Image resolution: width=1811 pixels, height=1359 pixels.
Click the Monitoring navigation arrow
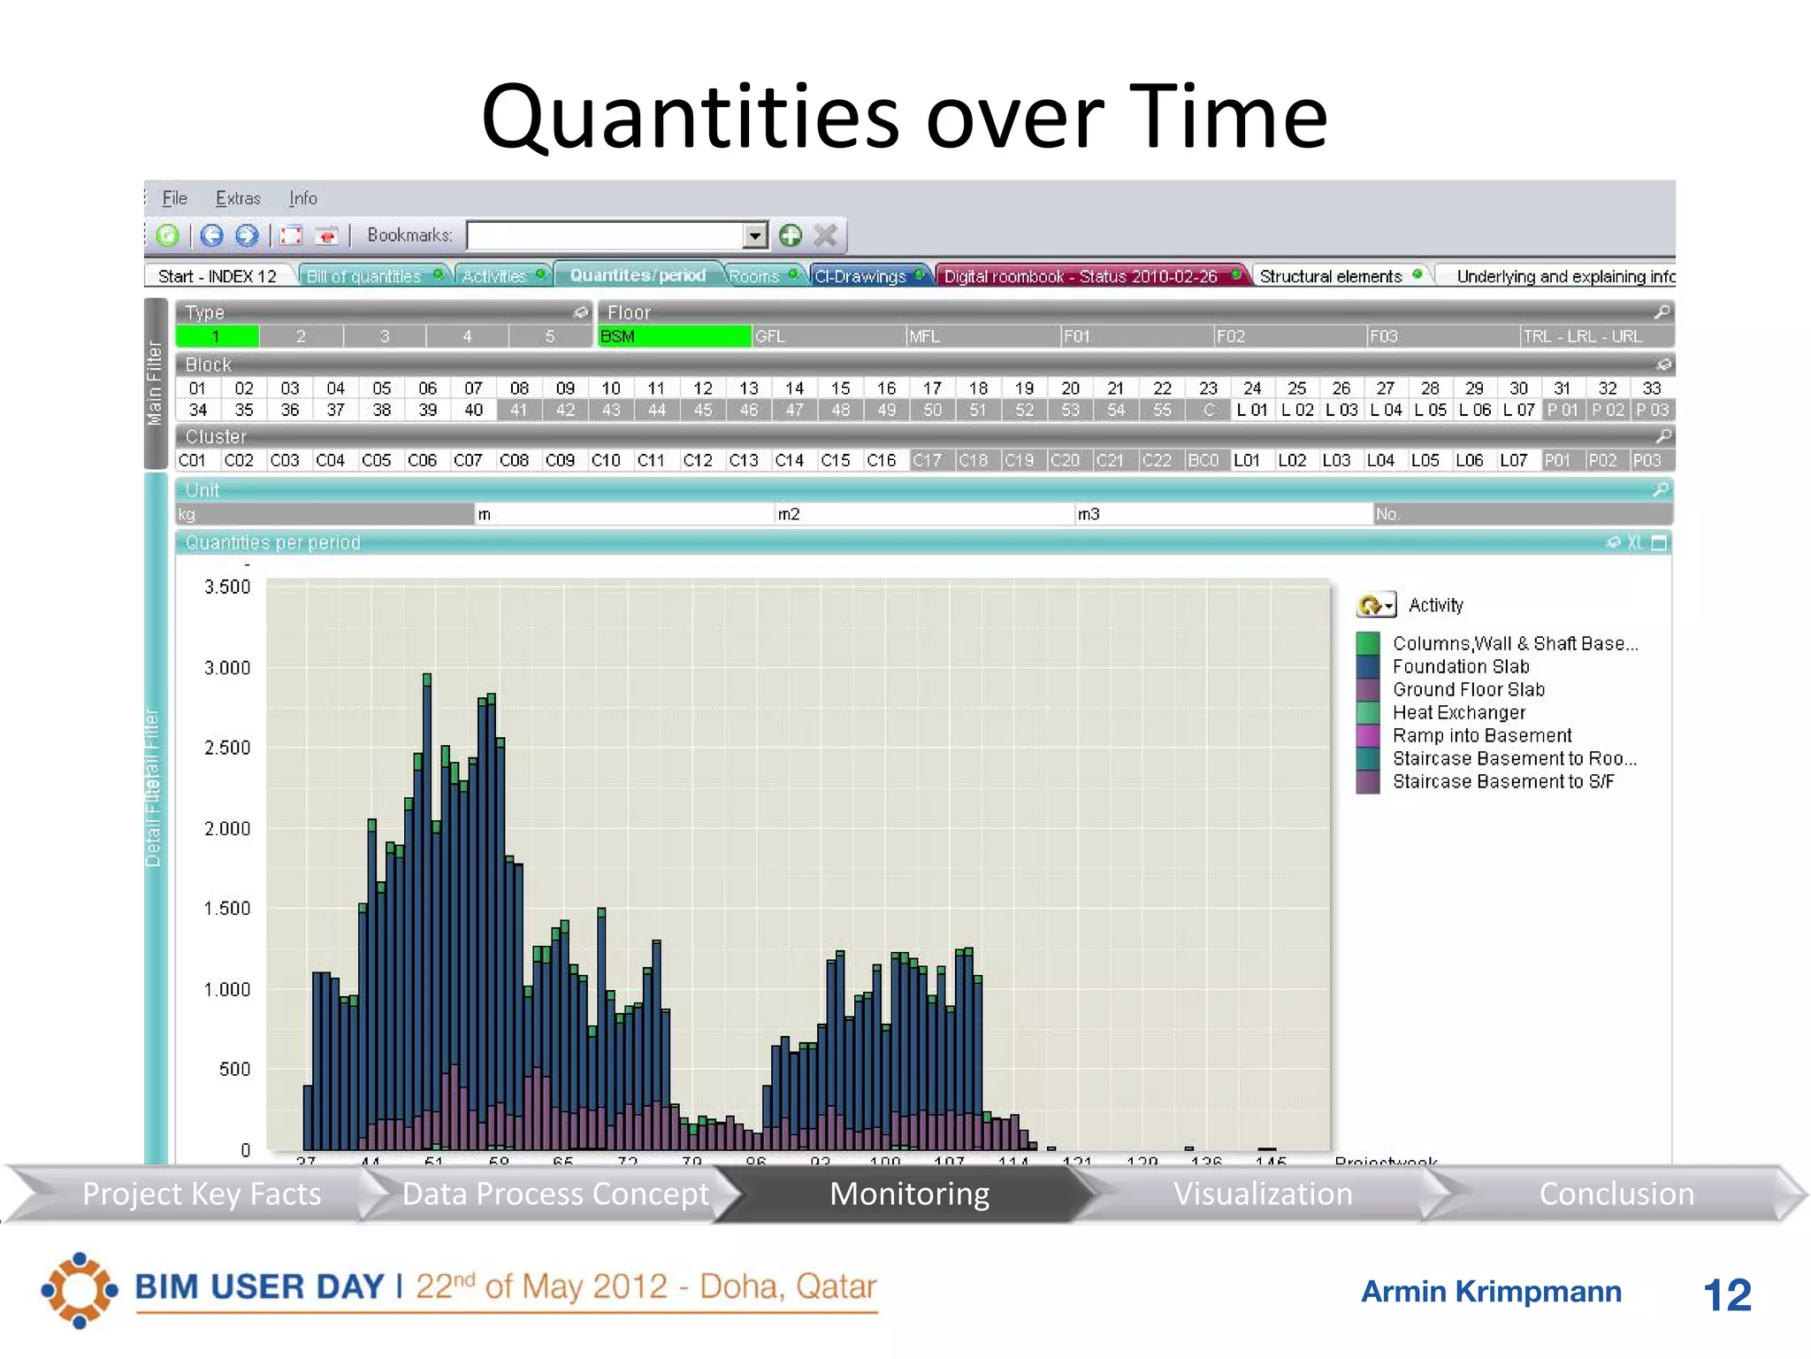[x=909, y=1194]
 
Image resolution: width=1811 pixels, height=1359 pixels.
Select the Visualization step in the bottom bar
[x=1262, y=1194]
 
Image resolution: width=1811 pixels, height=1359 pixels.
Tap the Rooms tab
[x=754, y=276]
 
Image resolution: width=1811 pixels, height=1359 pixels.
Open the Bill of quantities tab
[x=363, y=276]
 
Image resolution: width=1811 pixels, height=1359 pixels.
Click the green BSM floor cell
[x=674, y=336]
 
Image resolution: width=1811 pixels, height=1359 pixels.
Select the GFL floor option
[x=827, y=336]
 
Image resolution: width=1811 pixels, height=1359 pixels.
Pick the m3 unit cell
[x=1222, y=514]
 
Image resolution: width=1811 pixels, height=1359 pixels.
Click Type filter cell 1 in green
[x=216, y=336]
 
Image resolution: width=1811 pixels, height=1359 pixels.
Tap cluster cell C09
[x=560, y=460]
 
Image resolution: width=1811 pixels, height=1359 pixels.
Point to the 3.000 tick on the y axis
[x=227, y=668]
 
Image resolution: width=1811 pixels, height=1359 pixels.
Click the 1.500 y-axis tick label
[x=227, y=909]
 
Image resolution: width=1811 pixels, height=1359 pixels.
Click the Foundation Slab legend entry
[x=1460, y=666]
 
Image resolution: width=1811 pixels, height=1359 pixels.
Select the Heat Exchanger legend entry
[x=1458, y=712]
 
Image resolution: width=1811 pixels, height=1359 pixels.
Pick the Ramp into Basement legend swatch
[x=1368, y=735]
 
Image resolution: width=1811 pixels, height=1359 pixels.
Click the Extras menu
[x=238, y=198]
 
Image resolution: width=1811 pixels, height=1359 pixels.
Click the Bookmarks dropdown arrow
[x=754, y=235]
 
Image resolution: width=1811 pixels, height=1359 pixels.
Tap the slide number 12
[x=1727, y=1294]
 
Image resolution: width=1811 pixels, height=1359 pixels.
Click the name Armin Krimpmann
[x=1491, y=1292]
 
